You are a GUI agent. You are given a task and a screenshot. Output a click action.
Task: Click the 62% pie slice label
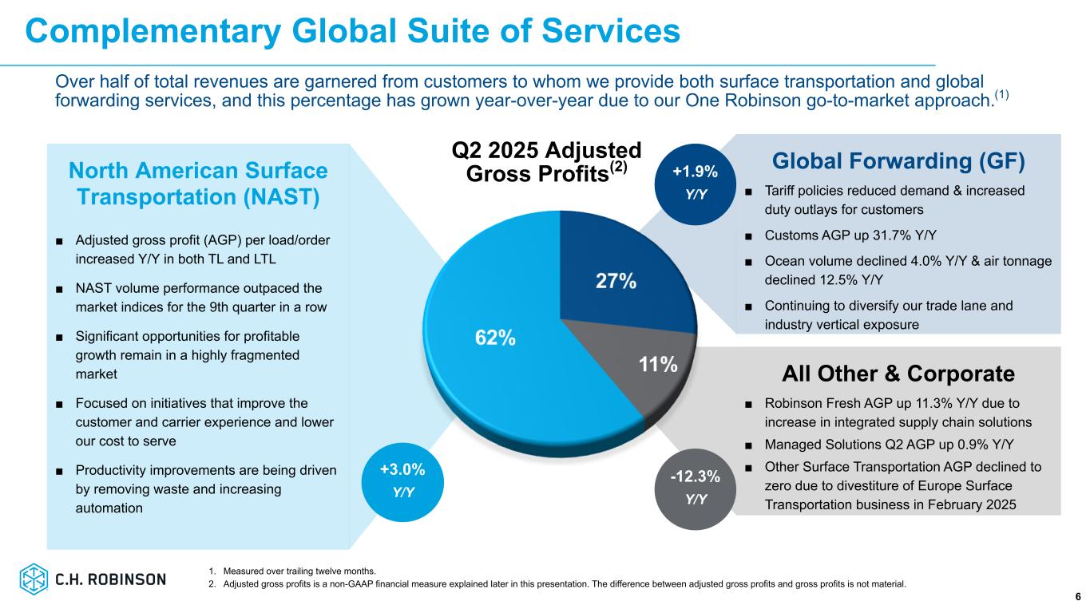(495, 338)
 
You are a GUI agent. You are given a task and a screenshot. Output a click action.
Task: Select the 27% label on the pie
(616, 281)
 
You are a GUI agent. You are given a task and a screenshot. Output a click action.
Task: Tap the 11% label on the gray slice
(658, 366)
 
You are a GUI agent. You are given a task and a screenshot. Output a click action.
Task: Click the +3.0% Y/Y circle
(403, 480)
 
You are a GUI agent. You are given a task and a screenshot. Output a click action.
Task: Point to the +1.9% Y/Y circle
(695, 182)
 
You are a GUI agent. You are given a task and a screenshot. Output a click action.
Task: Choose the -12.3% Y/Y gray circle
(695, 488)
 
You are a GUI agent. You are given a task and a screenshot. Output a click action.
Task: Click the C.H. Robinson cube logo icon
(34, 579)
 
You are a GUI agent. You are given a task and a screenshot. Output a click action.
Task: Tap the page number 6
(1077, 597)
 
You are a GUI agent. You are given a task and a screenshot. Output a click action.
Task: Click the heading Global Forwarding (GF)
(898, 161)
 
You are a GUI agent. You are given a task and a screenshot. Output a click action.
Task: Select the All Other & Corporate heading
(898, 374)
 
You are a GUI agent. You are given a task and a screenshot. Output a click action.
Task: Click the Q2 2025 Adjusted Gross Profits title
(547, 162)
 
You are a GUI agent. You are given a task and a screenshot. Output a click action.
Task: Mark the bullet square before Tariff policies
(747, 191)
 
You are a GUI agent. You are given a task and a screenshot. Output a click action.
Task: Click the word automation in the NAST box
(109, 507)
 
